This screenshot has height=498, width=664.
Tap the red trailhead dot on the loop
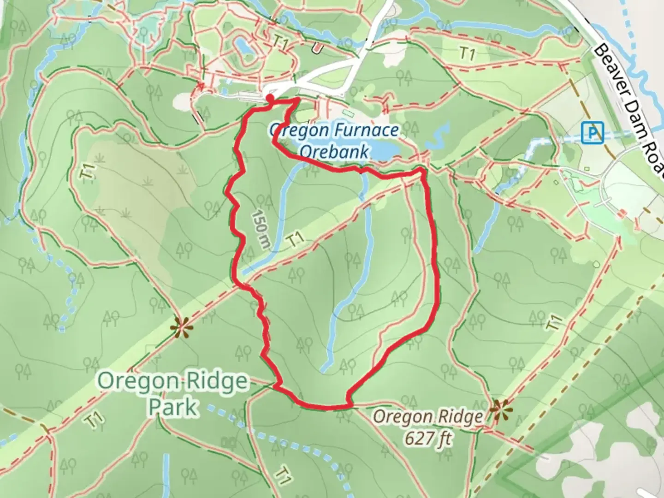click(269, 98)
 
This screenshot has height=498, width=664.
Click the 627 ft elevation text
click(428, 438)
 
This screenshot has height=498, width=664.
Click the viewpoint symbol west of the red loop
click(181, 327)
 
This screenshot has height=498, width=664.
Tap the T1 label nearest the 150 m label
click(295, 240)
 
